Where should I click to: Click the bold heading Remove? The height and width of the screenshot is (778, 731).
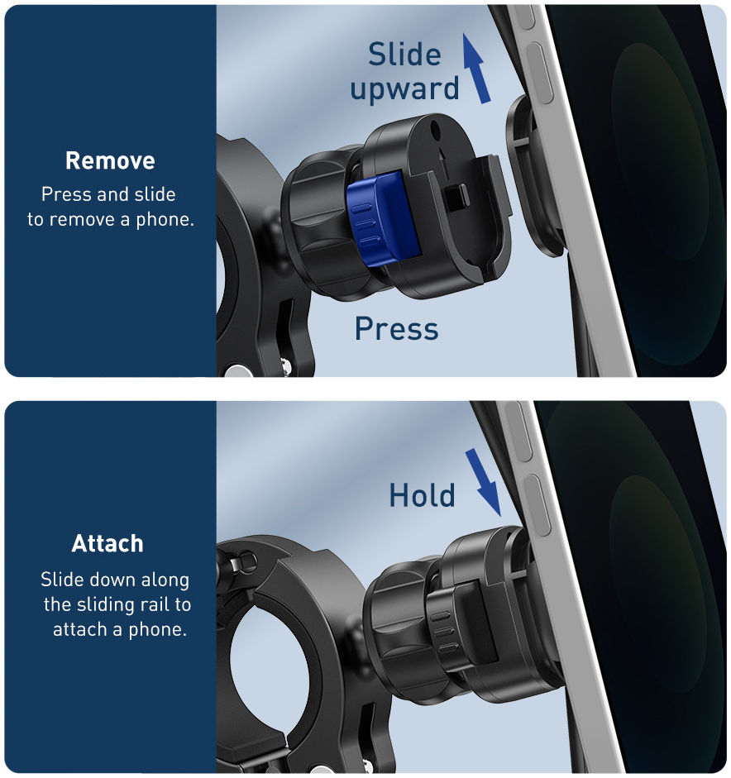pyautogui.click(x=110, y=160)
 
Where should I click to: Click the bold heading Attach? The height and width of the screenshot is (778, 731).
pyautogui.click(x=107, y=543)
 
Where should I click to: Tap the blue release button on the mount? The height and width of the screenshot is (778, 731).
pyautogui.click(x=383, y=217)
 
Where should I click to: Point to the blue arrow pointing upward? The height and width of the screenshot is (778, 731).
pyautogui.click(x=476, y=69)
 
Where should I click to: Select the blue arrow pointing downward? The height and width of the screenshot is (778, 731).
pyautogui.click(x=483, y=482)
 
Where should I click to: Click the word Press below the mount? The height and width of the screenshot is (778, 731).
pyautogui.click(x=397, y=328)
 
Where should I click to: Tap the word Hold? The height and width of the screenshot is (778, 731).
pyautogui.click(x=422, y=495)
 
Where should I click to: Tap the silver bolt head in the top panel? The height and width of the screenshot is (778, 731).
pyautogui.click(x=237, y=371)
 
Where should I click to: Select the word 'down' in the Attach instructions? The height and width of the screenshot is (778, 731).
pyautogui.click(x=115, y=580)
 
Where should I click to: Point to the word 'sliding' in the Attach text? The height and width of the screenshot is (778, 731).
pyautogui.click(x=105, y=605)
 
